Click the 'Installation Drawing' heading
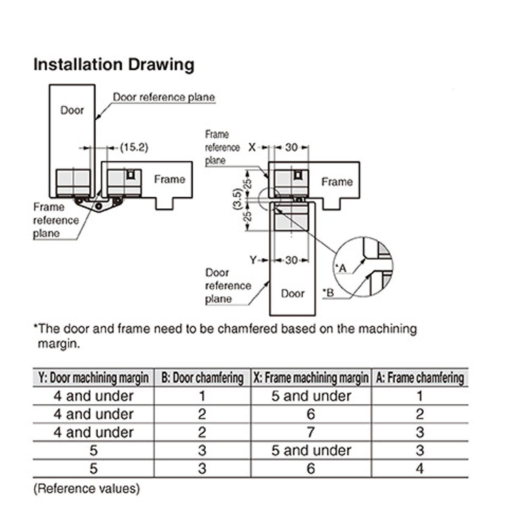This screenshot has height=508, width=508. click(114, 65)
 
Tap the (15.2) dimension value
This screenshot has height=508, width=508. click(134, 147)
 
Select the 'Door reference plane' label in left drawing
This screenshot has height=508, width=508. click(164, 97)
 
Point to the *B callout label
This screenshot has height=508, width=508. click(328, 293)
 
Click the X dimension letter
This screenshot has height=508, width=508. click(252, 147)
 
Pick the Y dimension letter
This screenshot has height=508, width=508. click(253, 260)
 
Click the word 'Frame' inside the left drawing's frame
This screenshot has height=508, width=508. click(169, 179)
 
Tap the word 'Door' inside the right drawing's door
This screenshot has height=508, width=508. click(293, 293)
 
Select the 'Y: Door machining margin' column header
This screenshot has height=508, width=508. click(94, 378)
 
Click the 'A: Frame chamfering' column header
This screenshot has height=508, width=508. click(420, 378)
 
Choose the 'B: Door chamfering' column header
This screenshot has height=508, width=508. click(202, 378)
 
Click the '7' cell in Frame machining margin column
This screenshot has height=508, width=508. click(311, 432)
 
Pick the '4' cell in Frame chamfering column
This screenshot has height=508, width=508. click(420, 469)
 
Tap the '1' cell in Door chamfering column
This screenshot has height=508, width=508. click(202, 396)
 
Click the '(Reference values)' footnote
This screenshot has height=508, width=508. click(86, 489)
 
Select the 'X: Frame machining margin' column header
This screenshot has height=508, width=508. click(311, 378)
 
